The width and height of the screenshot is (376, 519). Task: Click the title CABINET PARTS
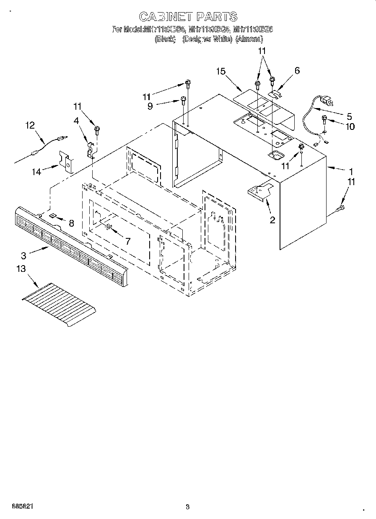point(188,17)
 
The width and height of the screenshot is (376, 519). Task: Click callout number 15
point(221,72)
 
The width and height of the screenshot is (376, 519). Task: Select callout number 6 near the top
point(297,71)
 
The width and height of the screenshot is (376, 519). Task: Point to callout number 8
point(71,223)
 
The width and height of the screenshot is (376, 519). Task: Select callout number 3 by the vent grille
point(23,255)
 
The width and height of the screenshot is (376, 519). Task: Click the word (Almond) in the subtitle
point(249,39)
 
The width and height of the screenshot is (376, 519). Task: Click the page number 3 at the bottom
point(187,507)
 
